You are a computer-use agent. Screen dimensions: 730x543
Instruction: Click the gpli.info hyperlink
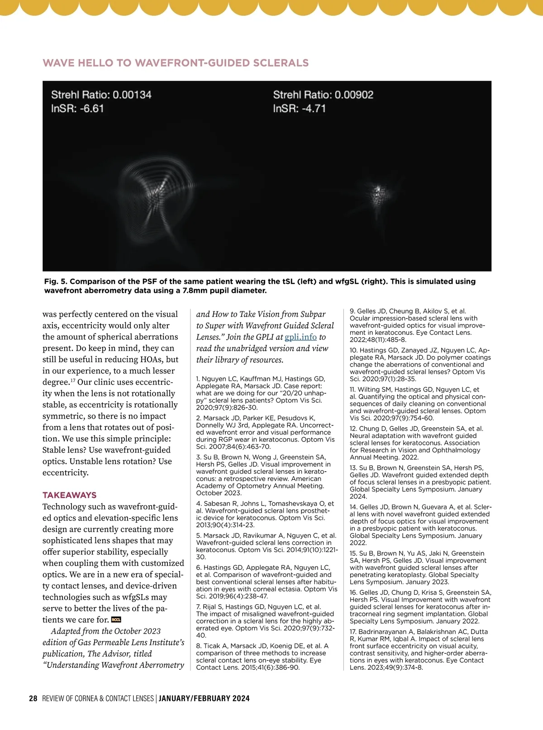[300, 337]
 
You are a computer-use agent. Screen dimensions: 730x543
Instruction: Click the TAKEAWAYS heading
[69, 495]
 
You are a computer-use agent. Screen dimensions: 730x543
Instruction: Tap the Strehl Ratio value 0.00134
[132, 95]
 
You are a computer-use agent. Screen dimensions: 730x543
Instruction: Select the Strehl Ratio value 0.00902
[354, 95]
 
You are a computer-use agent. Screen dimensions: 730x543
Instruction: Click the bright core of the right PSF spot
[377, 190]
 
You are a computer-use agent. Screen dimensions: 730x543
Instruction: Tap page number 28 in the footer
[33, 698]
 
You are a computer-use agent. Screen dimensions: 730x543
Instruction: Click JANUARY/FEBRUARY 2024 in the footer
[204, 698]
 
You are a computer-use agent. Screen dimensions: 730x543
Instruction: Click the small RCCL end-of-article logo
[116, 620]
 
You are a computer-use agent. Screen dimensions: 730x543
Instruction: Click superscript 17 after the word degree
[73, 380]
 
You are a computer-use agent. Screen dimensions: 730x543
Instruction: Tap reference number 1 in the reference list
[198, 379]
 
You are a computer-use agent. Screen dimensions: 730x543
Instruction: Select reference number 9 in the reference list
[352, 311]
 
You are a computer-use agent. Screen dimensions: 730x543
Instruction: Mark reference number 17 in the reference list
[353, 632]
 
